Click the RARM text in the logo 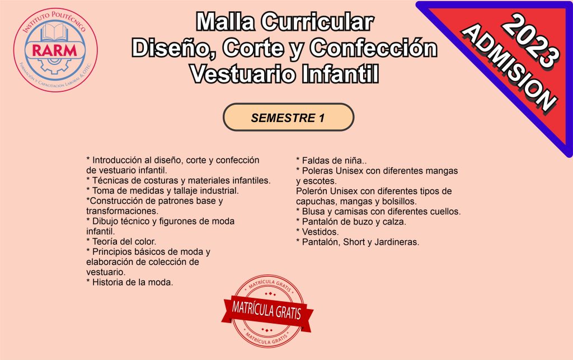pos(55,50)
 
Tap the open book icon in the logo pos(55,32)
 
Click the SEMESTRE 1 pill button pos(288,118)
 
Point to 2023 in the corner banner pos(530,41)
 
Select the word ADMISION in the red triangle pos(509,67)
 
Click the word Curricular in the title pos(317,22)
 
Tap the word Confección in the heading pos(373,48)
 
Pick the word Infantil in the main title pos(340,74)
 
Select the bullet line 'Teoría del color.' pos(121,241)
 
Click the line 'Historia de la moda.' pos(130,283)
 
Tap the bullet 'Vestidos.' pos(318,232)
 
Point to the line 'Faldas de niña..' pos(331,161)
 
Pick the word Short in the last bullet pos(354,242)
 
